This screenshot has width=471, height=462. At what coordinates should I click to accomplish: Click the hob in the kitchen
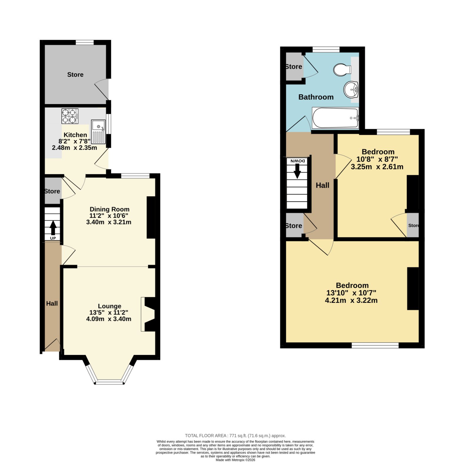point(70,116)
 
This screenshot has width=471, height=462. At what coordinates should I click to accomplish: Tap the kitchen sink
point(98,131)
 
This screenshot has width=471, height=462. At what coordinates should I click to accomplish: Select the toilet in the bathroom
point(342,70)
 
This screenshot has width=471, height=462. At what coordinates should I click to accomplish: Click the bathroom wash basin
point(351,89)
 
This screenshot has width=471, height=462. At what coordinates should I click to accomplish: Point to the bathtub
point(335,118)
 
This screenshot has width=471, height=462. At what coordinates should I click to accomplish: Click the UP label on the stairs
point(53,238)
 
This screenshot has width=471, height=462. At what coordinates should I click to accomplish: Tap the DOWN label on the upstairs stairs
point(298,161)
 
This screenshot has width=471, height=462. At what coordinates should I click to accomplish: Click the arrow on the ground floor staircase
point(53,228)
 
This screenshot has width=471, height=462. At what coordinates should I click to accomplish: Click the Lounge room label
point(110,306)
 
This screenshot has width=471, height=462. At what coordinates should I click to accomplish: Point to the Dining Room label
point(110,209)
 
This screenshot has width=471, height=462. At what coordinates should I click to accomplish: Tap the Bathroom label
point(316,97)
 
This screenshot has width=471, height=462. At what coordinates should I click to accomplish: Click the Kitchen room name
point(75,135)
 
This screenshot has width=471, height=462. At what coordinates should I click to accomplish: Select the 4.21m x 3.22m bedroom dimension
point(351,300)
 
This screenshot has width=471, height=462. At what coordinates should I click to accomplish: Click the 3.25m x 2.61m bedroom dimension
point(377,167)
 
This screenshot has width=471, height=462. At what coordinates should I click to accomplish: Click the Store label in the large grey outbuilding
point(75,75)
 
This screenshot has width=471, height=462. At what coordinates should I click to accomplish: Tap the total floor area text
point(235,435)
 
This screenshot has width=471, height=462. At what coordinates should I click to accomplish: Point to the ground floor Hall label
point(52,303)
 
